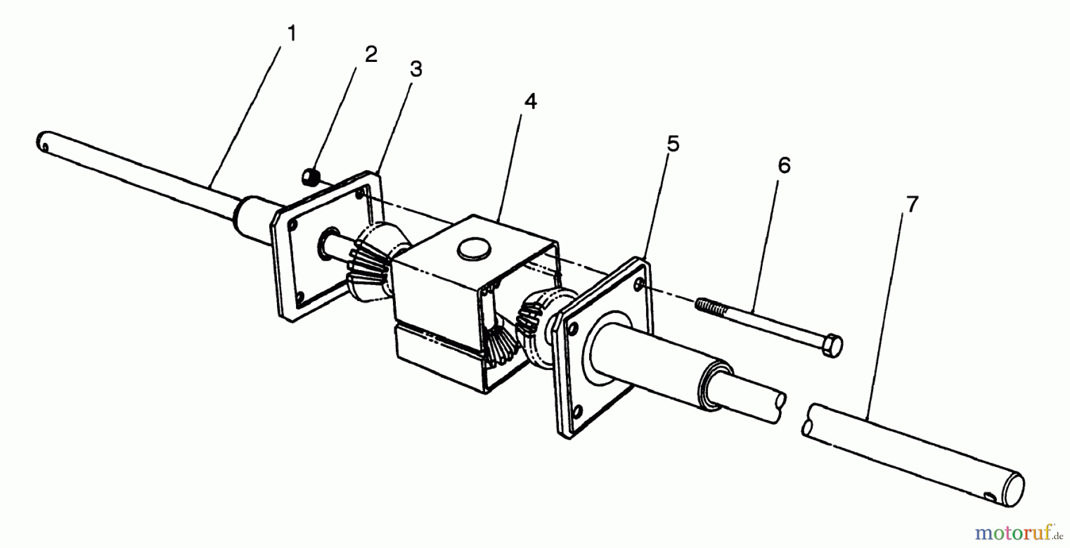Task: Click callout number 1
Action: (x=291, y=34)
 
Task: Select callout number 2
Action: (x=370, y=55)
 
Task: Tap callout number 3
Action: (x=416, y=69)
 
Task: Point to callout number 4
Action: (x=530, y=102)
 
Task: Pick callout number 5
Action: (x=672, y=143)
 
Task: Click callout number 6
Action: (x=784, y=166)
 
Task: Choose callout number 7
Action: (x=912, y=205)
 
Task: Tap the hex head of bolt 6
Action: (x=830, y=346)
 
